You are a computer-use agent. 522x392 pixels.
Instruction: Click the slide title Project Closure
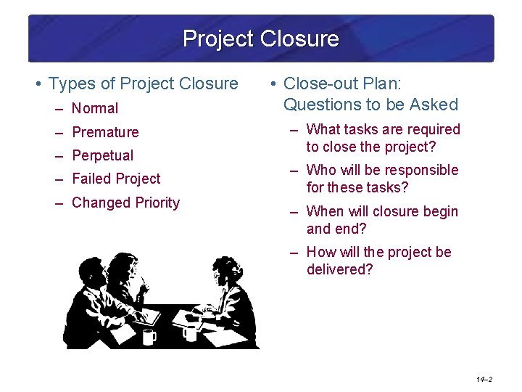pyautogui.click(x=260, y=38)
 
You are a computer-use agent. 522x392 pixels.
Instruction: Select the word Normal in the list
pyautogui.click(x=95, y=109)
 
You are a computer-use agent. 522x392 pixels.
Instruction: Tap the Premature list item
pyautogui.click(x=105, y=132)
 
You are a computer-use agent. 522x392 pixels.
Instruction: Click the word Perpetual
pyautogui.click(x=102, y=155)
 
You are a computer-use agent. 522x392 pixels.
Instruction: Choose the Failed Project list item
pyautogui.click(x=116, y=179)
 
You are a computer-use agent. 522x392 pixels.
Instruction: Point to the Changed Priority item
pyautogui.click(x=125, y=203)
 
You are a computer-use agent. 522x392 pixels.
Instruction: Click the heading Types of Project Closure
pyautogui.click(x=143, y=84)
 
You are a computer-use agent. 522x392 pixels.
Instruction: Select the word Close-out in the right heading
pyautogui.click(x=317, y=83)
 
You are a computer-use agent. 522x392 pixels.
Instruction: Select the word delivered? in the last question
pyautogui.click(x=339, y=269)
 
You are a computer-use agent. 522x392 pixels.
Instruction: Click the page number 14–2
pyautogui.click(x=484, y=379)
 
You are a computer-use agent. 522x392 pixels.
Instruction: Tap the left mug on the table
pyautogui.click(x=149, y=336)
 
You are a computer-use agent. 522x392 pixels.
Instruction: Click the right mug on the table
pyautogui.click(x=191, y=332)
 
